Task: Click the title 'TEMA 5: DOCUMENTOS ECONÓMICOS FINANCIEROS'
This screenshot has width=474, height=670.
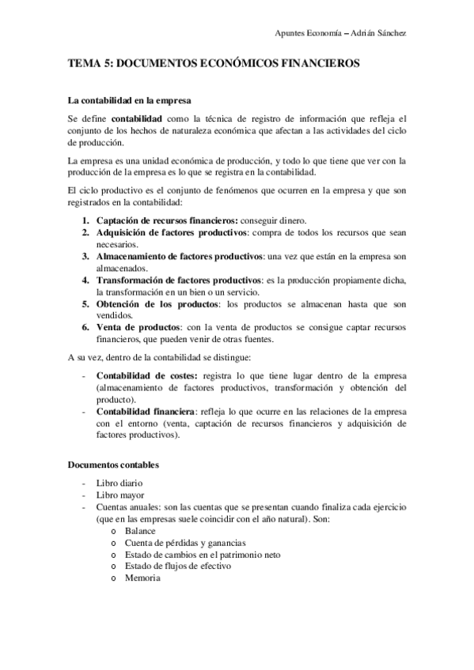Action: click(x=214, y=64)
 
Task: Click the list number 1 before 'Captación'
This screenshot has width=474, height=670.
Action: click(x=85, y=220)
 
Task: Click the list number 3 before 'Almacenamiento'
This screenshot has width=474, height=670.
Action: click(x=85, y=258)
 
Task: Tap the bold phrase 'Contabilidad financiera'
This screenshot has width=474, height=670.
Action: click(x=145, y=413)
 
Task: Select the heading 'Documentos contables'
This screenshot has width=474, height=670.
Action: click(x=113, y=465)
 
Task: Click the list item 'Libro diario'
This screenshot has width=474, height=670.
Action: click(x=119, y=482)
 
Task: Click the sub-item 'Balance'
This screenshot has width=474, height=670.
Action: click(x=140, y=531)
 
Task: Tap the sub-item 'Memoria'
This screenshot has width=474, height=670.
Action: click(x=142, y=578)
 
